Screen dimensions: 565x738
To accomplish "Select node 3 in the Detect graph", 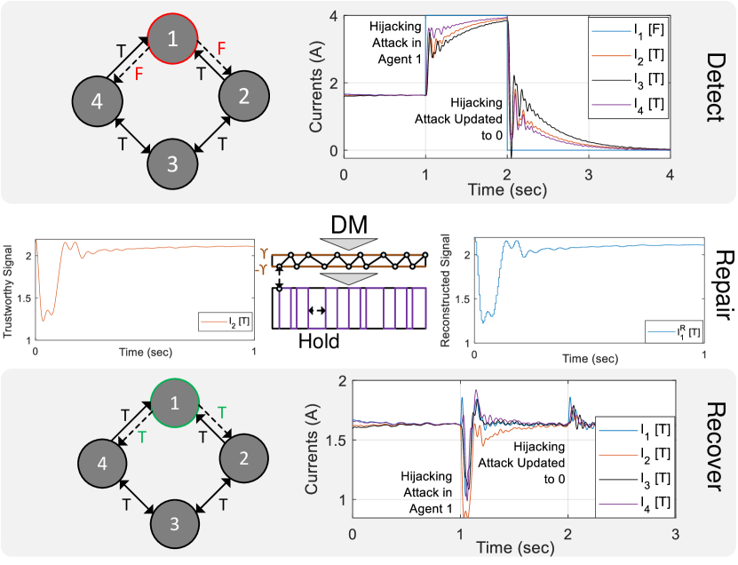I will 174,163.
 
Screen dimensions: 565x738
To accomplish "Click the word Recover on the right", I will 714,445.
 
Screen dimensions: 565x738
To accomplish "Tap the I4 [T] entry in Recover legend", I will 633,502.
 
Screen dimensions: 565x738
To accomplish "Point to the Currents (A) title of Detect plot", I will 315,85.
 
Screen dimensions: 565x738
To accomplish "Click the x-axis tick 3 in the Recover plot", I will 675,536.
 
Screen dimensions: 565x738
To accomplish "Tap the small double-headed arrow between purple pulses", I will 315,309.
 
